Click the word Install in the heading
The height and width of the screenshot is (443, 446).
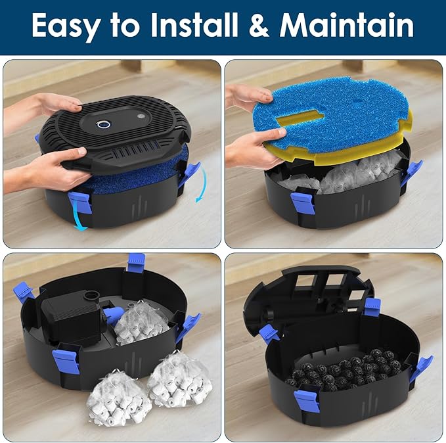pos(204,26)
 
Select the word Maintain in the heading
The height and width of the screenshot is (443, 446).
pos(347,26)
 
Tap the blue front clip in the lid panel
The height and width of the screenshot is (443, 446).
pos(79,200)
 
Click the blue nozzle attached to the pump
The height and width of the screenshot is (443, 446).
pos(112,315)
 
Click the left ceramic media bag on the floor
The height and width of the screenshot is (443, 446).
pos(119,397)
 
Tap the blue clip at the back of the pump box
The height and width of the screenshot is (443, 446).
pos(136,262)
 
